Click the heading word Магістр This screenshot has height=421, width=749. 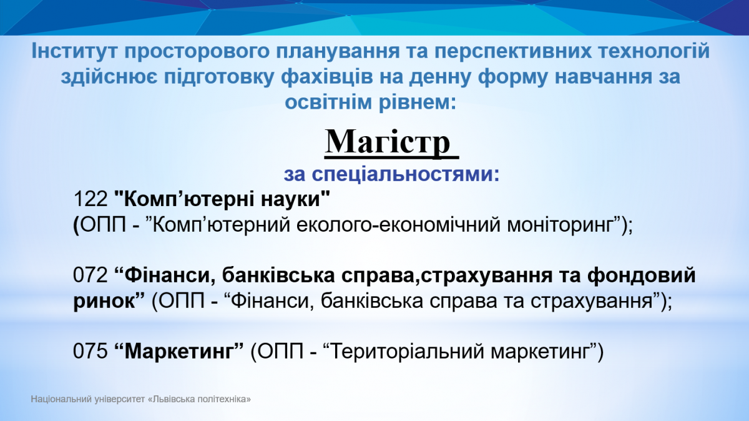click(x=387, y=142)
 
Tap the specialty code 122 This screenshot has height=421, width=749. click(x=91, y=199)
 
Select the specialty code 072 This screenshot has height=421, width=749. click(x=91, y=275)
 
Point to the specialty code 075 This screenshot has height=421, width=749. click(x=91, y=352)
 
